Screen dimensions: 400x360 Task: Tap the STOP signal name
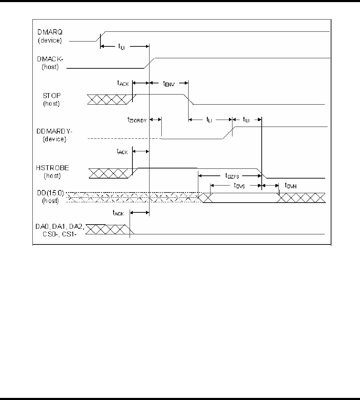[51, 96]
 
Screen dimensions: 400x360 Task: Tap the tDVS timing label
[239, 186]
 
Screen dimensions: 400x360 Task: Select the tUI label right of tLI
[247, 119]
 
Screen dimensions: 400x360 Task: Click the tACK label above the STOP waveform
[123, 83]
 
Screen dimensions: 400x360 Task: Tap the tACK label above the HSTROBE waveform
[123, 152]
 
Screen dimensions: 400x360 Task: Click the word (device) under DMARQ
[51, 40]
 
